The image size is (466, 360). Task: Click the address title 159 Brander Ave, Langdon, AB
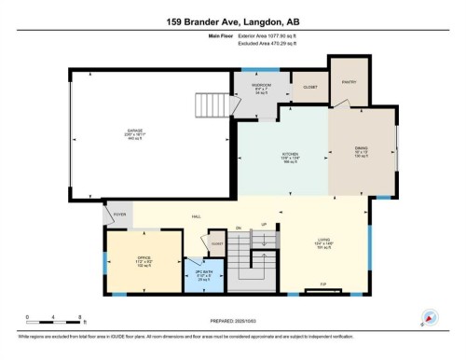click(x=233, y=21)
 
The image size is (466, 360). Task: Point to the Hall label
click(x=198, y=216)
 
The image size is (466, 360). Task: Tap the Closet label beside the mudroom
click(x=310, y=87)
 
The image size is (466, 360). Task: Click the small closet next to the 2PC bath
click(x=216, y=243)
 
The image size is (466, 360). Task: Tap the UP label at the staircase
click(x=264, y=225)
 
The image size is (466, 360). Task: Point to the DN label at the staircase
click(x=239, y=227)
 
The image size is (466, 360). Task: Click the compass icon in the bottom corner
click(x=430, y=316)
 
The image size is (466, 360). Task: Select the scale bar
click(x=54, y=323)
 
